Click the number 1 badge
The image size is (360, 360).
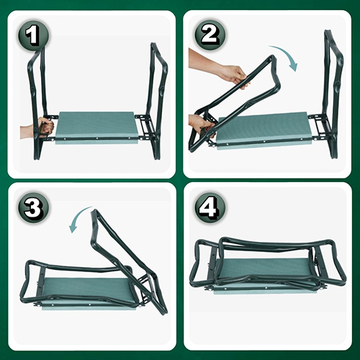point(33,36)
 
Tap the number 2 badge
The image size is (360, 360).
point(210,35)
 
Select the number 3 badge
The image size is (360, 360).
point(33,207)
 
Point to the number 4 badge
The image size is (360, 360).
point(210,207)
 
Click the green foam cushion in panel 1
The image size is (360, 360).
point(97,127)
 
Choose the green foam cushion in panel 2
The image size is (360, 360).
point(265,131)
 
